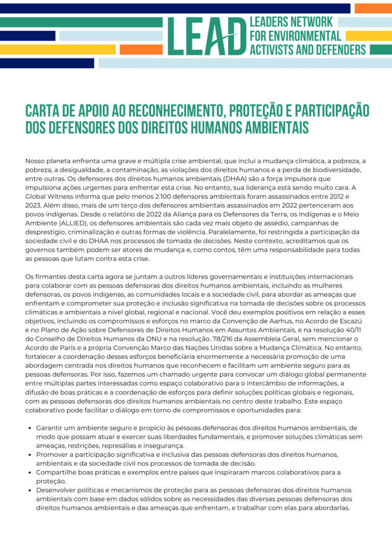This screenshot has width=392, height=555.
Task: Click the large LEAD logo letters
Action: pos(207,36)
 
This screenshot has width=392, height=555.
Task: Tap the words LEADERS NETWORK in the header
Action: pos(291,22)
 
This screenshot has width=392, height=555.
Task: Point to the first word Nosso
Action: pos(36,161)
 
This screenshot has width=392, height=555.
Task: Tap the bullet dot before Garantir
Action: pos(31,428)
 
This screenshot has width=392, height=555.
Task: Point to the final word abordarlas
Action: pos(332,507)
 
